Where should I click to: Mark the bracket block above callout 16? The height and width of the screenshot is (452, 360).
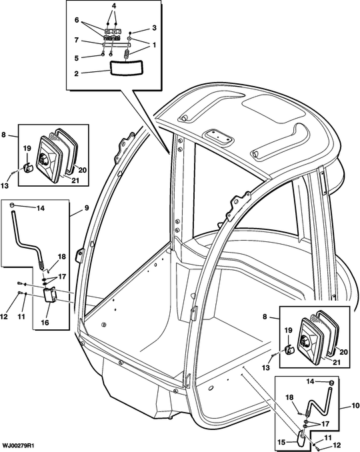click(x=49, y=295)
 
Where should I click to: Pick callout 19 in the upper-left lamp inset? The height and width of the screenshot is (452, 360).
click(x=27, y=149)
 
